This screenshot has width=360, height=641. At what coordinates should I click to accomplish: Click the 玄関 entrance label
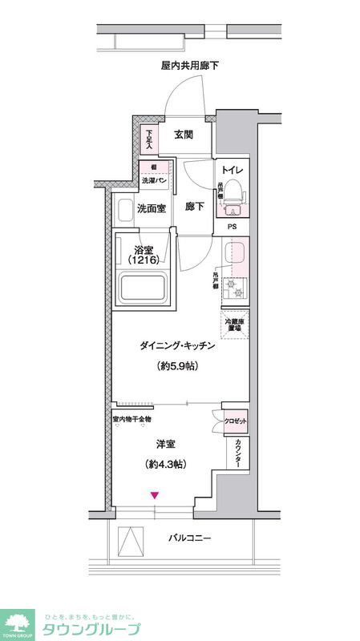point(183,135)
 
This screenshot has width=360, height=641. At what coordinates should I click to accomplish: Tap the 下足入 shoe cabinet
point(148,139)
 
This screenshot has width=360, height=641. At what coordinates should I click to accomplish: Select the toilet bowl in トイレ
point(233,191)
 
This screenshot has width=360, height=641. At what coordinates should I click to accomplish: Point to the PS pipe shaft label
point(232,227)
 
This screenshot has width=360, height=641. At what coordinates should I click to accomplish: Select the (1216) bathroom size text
point(144,260)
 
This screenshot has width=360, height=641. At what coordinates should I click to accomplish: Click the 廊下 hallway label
point(195,207)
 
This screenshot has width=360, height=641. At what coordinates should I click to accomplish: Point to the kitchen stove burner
point(234,287)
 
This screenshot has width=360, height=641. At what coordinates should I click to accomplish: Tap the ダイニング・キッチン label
point(178,345)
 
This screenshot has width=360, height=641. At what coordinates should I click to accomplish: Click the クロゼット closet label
point(236,421)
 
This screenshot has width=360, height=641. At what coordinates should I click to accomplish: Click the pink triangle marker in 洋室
point(156,495)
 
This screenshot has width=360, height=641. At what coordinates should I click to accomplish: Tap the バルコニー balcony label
point(190,538)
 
